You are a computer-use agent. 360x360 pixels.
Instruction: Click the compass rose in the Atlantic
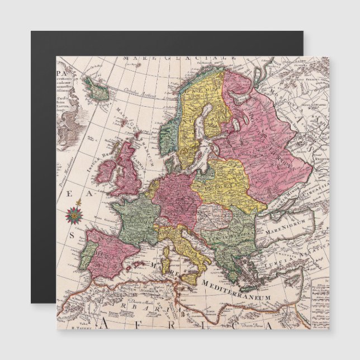(73, 214)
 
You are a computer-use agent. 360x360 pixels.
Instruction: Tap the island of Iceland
(98, 89)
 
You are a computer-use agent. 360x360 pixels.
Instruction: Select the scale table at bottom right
(320, 302)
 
